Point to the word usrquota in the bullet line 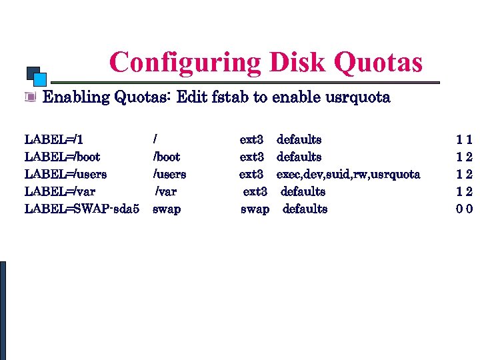point(357,97)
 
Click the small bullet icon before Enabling point(29,97)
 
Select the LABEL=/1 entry point(53,140)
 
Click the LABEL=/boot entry point(62,157)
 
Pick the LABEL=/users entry point(65,175)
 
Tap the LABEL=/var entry point(59,192)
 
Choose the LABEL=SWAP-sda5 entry point(81,209)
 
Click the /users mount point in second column point(169,175)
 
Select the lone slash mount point point(155,140)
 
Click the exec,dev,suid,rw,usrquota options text point(348,175)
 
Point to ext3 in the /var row point(255,192)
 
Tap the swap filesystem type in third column point(255,209)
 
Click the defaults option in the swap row point(305,209)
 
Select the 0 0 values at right point(465,209)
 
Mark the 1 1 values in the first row point(465,140)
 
